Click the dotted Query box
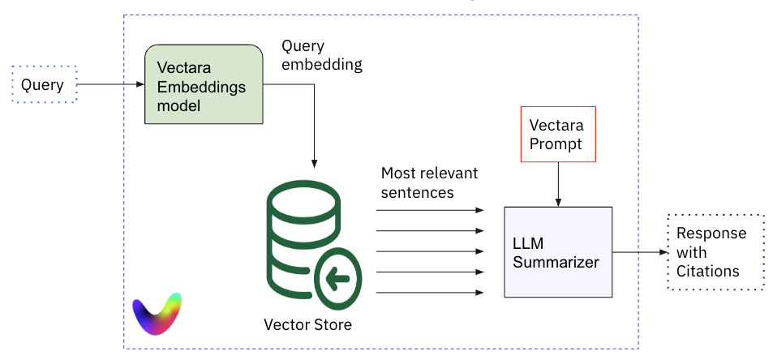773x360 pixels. (44, 84)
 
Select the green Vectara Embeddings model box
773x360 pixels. (204, 85)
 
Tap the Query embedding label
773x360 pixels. (322, 56)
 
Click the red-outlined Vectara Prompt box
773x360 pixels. (557, 135)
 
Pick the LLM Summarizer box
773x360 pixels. (557, 252)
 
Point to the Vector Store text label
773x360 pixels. (308, 325)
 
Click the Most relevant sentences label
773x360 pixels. (429, 182)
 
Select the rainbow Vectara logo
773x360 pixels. (157, 313)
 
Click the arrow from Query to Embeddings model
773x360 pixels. (110, 84)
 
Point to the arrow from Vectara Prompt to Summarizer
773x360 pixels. (557, 184)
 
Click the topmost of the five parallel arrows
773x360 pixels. (430, 210)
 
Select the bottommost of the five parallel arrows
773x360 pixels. (430, 292)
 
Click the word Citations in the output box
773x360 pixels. (708, 271)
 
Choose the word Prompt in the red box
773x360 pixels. (556, 144)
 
